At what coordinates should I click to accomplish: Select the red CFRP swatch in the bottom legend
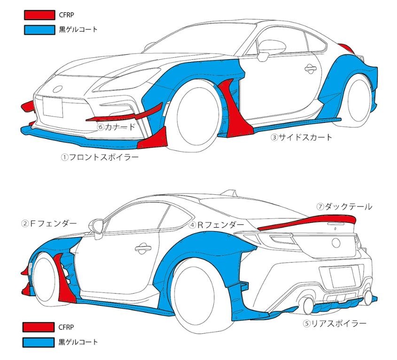[39, 327]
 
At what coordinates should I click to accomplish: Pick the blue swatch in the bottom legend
[39, 341]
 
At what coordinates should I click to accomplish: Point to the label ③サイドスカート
[301, 138]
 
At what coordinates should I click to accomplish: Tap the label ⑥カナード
[116, 127]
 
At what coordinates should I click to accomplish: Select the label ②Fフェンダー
[49, 223]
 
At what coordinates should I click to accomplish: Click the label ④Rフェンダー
[217, 225]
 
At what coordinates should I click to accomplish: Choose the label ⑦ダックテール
[344, 207]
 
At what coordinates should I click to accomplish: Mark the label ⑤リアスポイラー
[334, 323]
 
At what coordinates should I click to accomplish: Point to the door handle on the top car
[310, 69]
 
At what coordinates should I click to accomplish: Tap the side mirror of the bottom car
[98, 226]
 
